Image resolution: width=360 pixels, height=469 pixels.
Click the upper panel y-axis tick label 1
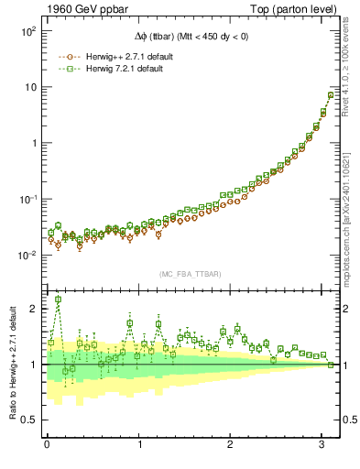coord(33,143)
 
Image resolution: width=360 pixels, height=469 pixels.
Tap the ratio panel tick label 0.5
coord(30,420)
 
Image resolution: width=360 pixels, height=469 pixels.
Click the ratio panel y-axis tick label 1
coord(34,365)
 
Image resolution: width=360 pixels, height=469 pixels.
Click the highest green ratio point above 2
coord(59,300)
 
